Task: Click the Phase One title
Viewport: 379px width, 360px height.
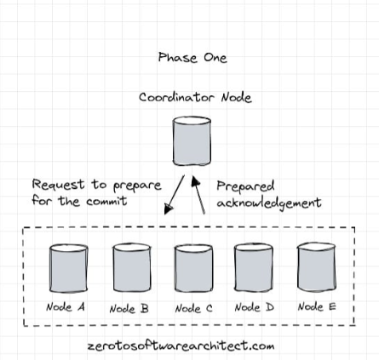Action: pyautogui.click(x=192, y=58)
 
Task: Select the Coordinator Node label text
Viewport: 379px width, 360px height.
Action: pyautogui.click(x=195, y=97)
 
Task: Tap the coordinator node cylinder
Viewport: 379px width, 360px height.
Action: pyautogui.click(x=192, y=141)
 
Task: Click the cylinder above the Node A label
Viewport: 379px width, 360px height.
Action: pyautogui.click(x=68, y=268)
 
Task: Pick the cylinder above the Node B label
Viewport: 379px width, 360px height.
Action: pyautogui.click(x=132, y=267)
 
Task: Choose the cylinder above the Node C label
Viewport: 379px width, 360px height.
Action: pyautogui.click(x=193, y=268)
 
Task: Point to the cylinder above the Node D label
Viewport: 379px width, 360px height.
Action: pyautogui.click(x=254, y=267)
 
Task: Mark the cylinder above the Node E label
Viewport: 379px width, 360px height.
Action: pyautogui.click(x=316, y=267)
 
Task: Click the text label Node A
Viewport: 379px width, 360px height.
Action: pyautogui.click(x=66, y=307)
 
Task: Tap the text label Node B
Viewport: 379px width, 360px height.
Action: pyautogui.click(x=129, y=309)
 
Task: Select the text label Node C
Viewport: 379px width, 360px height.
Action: pyautogui.click(x=194, y=308)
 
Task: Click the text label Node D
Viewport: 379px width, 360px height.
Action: pyautogui.click(x=255, y=307)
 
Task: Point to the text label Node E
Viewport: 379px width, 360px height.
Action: pyautogui.click(x=317, y=306)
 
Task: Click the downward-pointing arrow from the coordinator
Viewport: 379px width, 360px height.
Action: pyautogui.click(x=175, y=195)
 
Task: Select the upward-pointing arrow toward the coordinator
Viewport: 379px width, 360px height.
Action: pyautogui.click(x=198, y=195)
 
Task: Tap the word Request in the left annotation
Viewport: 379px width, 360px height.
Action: pyautogui.click(x=58, y=185)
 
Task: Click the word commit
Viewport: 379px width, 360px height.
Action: pyautogui.click(x=106, y=201)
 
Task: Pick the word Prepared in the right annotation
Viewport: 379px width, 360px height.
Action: pyautogui.click(x=245, y=186)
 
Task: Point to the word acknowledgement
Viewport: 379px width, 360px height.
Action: pyautogui.click(x=269, y=203)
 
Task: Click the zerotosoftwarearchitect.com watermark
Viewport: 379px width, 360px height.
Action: pyautogui.click(x=181, y=346)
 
